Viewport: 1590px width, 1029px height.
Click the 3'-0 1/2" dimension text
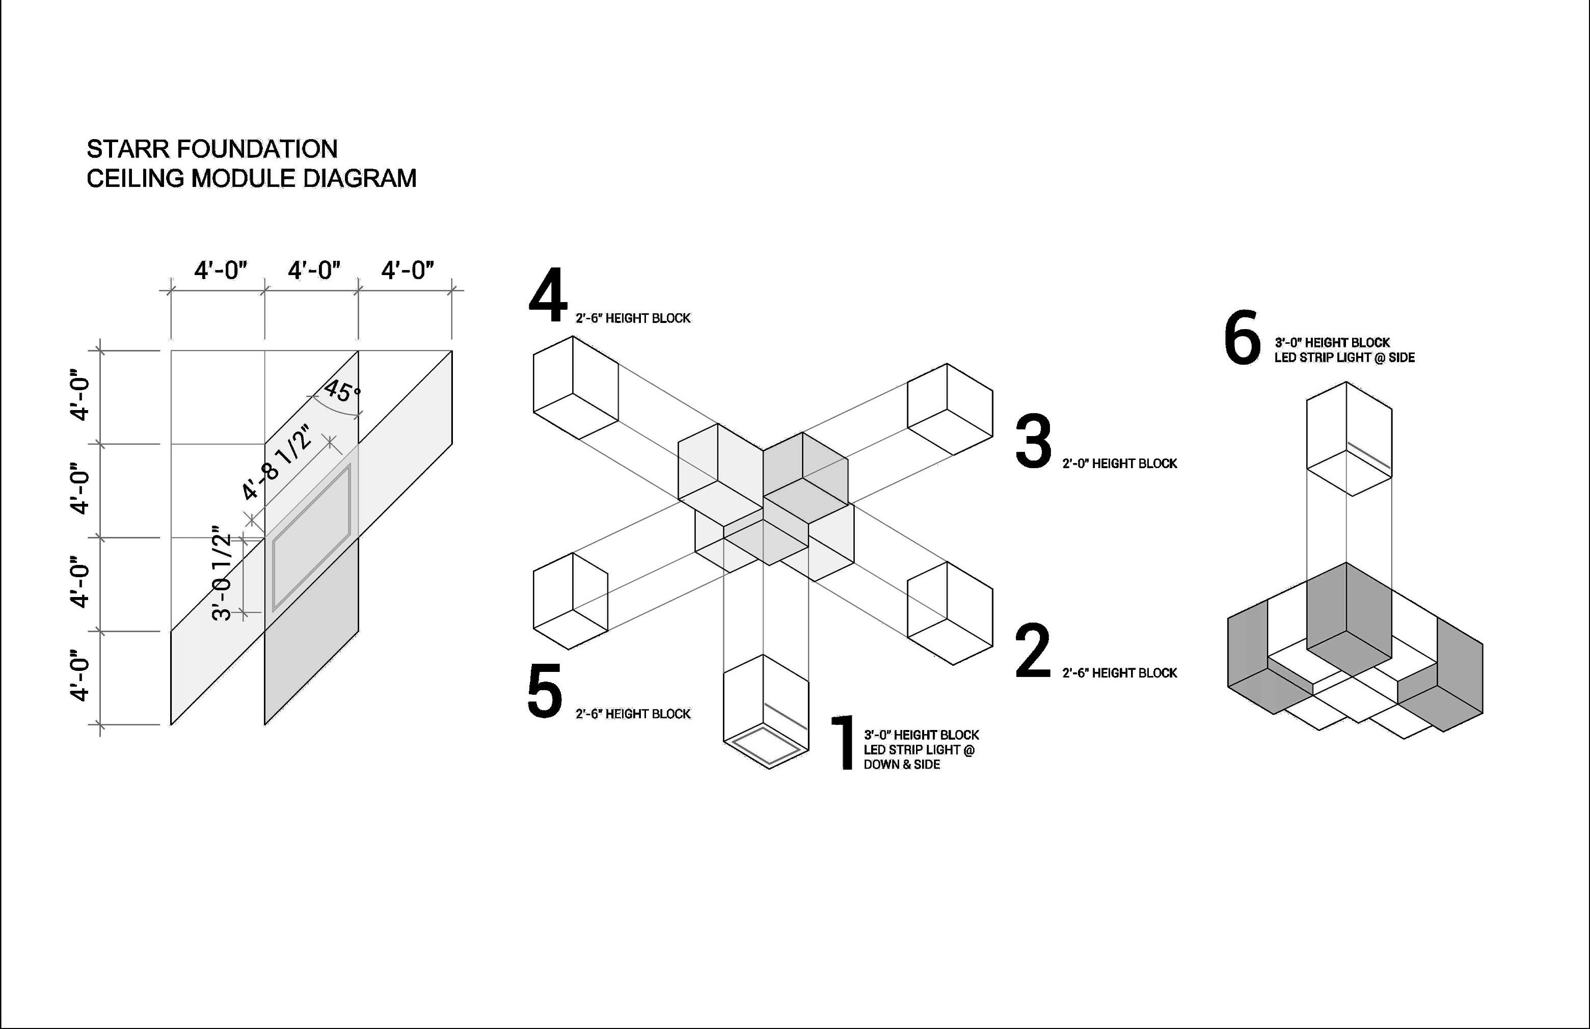click(x=222, y=577)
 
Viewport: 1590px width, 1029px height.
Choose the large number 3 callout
click(x=1033, y=442)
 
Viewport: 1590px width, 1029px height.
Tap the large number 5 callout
click(x=545, y=691)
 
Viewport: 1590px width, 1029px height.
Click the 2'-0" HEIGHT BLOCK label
click(x=1120, y=464)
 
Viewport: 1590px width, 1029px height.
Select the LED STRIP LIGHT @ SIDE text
click(x=1344, y=358)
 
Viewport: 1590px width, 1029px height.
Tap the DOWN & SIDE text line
click(x=901, y=765)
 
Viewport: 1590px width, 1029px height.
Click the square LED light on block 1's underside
click(x=766, y=746)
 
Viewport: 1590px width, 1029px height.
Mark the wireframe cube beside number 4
click(x=575, y=388)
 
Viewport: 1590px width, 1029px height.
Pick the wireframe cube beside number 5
click(x=570, y=602)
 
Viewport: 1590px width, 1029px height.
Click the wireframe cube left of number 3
click(x=949, y=410)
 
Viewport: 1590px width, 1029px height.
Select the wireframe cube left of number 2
click(x=949, y=613)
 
